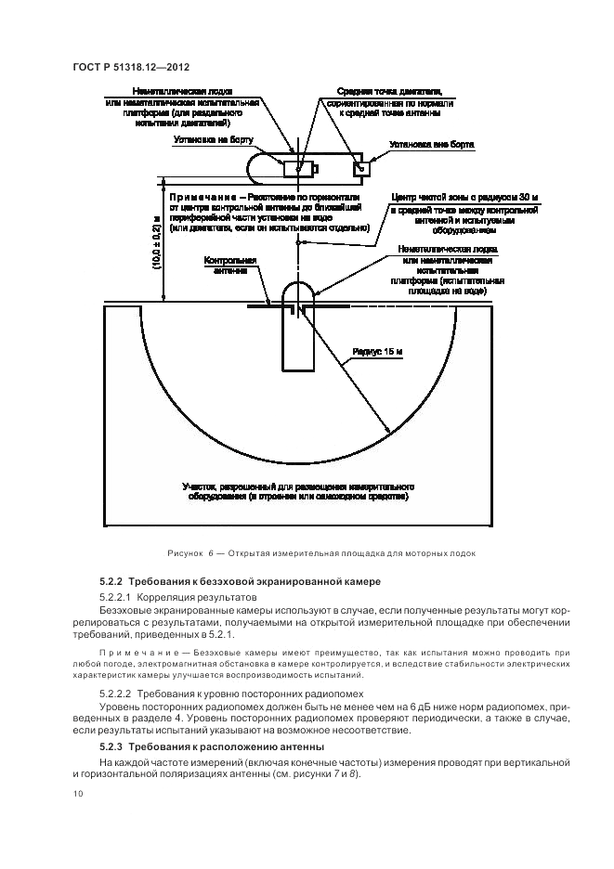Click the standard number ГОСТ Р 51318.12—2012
coord(132,67)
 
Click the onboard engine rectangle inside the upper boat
coord(299,169)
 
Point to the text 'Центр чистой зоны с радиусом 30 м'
coord(465,198)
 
